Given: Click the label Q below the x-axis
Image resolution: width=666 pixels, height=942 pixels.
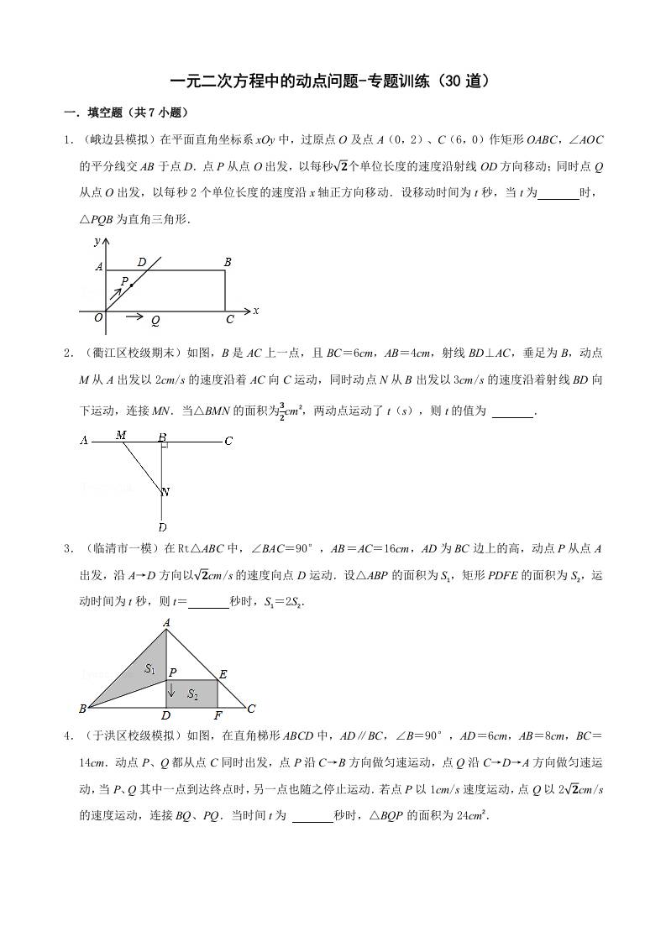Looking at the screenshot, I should point(156,321).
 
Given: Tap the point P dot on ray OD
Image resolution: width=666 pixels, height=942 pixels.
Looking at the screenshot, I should point(132,286).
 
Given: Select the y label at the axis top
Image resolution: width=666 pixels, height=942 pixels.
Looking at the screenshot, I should point(97,241).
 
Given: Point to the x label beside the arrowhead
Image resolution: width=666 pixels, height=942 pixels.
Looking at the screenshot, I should point(255,311).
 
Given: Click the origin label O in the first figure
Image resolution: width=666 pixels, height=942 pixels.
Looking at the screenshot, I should point(98,317).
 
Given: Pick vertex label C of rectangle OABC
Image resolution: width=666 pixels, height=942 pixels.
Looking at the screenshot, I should point(229,320).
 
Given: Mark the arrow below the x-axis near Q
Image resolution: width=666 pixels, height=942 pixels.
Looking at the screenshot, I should point(133,317).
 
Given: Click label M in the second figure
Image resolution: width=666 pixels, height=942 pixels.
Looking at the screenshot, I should point(121,434).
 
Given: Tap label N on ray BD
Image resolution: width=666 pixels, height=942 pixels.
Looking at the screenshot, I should point(165,492).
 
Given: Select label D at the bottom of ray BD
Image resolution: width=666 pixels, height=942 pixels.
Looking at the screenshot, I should point(161,527).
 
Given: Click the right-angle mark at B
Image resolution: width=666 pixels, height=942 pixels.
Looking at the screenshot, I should point(165,442).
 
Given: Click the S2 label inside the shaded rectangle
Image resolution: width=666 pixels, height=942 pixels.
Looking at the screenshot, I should point(192,694).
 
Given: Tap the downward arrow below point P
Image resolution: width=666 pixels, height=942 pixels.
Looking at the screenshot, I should point(171,690).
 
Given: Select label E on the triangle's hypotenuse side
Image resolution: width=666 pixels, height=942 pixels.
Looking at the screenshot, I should point(223,674).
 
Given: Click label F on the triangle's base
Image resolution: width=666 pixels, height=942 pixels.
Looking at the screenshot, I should point(218,715).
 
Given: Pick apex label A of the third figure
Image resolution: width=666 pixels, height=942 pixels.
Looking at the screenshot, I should point(166,622).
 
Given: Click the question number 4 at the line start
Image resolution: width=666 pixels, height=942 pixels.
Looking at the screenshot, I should point(67,736).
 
